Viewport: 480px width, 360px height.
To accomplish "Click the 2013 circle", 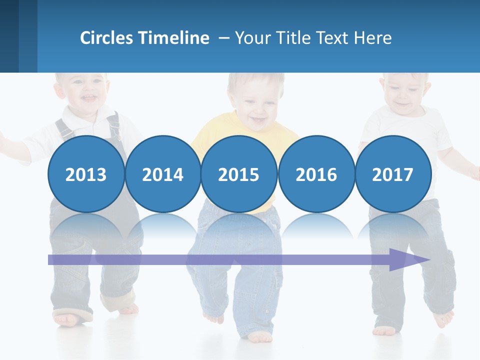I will (x=86, y=174).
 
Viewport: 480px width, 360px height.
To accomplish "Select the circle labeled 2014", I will (x=162, y=174).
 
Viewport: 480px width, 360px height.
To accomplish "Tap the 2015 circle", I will (x=239, y=174).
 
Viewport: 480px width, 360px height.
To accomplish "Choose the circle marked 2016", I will (x=316, y=174).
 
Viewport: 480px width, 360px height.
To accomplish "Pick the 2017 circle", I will (x=393, y=174).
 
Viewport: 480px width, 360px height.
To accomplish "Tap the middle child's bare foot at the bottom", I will (x=260, y=338).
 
